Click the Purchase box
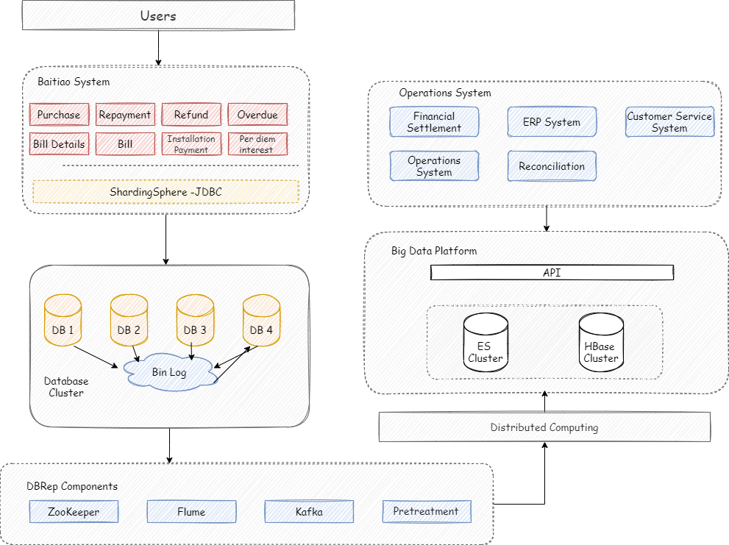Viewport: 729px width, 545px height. pos(60,115)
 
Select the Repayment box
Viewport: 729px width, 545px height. pos(125,115)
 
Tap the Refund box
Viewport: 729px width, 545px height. pos(191,115)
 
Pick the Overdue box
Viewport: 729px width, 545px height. pos(257,115)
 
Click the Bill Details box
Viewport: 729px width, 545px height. pos(60,144)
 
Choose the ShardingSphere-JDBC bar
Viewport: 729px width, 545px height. pos(166,192)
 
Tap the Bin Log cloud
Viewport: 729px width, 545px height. pos(170,372)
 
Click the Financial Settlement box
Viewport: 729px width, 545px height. pos(434,122)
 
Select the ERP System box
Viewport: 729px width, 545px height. pos(552,122)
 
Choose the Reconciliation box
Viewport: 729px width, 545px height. pos(552,166)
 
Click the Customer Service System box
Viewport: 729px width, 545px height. pos(669,122)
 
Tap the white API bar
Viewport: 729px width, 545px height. pos(552,272)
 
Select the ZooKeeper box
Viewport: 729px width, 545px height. pos(74,511)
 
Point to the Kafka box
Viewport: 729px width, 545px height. pos(309,511)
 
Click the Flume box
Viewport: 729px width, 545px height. pos(191,511)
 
